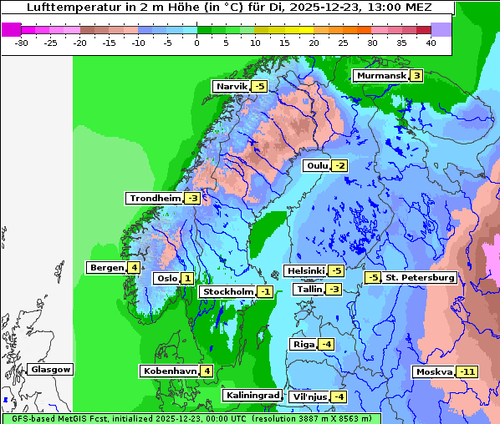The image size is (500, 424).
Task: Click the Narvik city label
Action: (232, 87)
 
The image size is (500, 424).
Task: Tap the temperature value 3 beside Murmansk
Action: (416, 76)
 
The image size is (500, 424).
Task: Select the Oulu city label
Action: (317, 166)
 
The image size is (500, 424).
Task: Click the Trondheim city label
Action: (155, 199)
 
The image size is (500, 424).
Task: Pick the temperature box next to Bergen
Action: (134, 268)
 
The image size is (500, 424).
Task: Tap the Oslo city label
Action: (166, 279)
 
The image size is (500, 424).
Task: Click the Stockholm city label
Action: (227, 292)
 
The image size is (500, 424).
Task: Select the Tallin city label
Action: (309, 290)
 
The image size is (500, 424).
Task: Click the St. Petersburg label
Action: (420, 277)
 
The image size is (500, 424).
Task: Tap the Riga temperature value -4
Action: (326, 345)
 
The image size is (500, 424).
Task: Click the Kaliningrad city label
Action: (252, 396)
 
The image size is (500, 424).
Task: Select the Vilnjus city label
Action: (308, 396)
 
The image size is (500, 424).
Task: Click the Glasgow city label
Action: (51, 370)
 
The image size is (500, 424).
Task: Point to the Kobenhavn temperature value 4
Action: (207, 371)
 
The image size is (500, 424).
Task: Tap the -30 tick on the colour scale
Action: (22, 42)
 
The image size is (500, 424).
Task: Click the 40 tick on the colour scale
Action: (431, 42)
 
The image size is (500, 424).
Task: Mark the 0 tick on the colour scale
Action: (196, 42)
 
